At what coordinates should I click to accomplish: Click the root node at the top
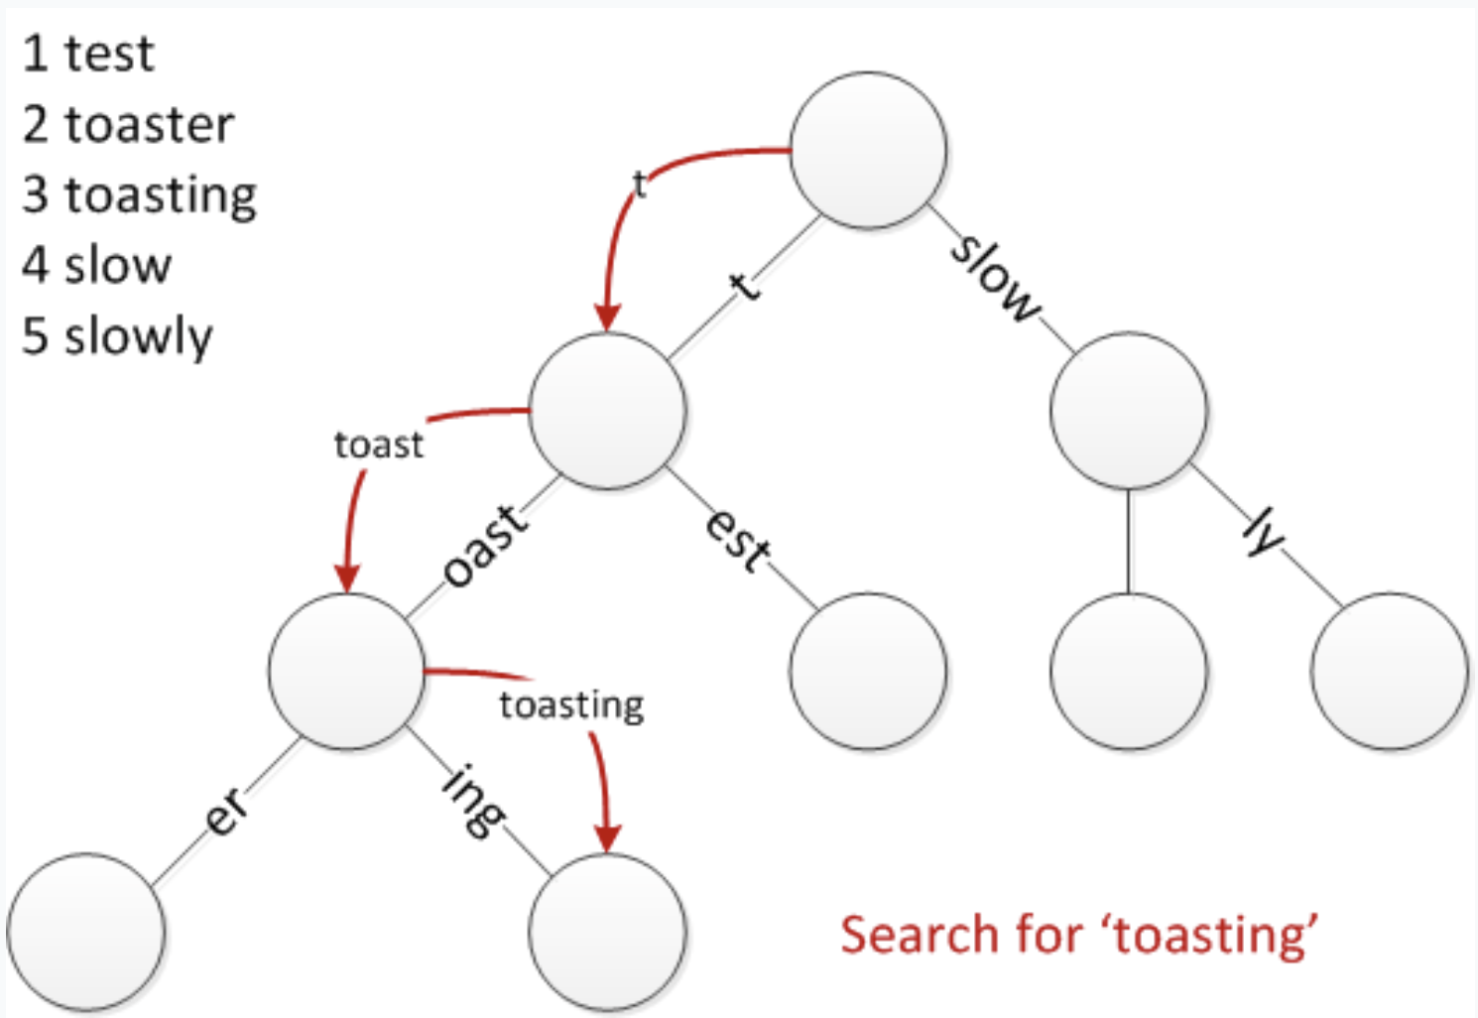coord(868,150)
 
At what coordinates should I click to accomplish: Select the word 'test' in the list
coord(109,54)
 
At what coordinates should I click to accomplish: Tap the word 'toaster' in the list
coord(149,125)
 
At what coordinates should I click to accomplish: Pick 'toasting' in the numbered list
coord(161,195)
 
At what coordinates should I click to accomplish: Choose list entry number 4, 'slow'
coord(117,266)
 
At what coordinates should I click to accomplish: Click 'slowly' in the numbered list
coord(138,337)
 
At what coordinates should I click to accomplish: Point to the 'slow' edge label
coord(996,279)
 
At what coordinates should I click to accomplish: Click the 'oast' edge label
coord(485,546)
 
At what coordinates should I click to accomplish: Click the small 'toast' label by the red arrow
coord(378,445)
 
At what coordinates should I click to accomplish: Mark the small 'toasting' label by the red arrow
coord(571,705)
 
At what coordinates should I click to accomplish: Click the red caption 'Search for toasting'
coord(1079,935)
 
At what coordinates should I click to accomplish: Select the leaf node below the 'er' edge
coord(86,932)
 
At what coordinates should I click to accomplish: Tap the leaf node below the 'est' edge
coord(868,671)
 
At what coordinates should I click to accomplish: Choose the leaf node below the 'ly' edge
coord(1389,671)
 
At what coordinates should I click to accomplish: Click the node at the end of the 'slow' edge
coord(1129,411)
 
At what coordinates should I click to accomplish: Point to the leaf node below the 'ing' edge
coord(607,932)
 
